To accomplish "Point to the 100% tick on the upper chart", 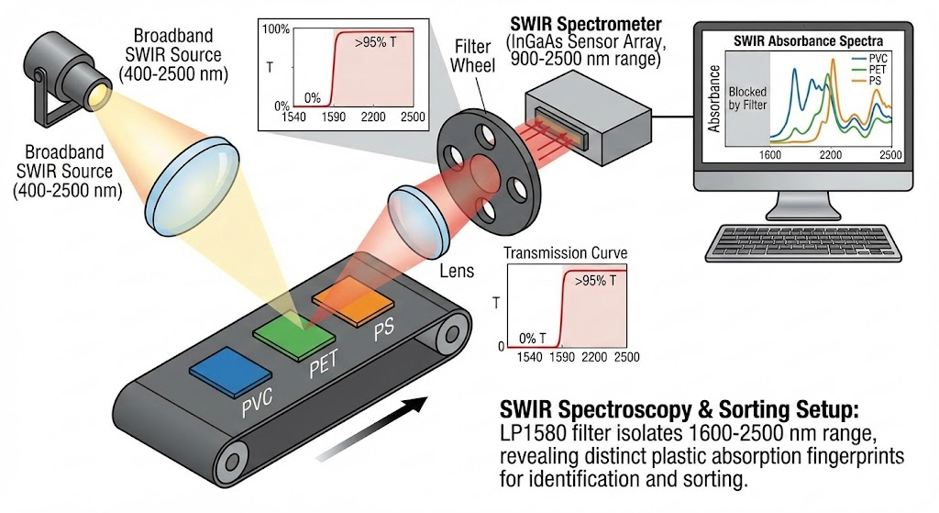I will (x=276, y=29).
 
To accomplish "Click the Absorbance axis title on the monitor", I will (x=715, y=98).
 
